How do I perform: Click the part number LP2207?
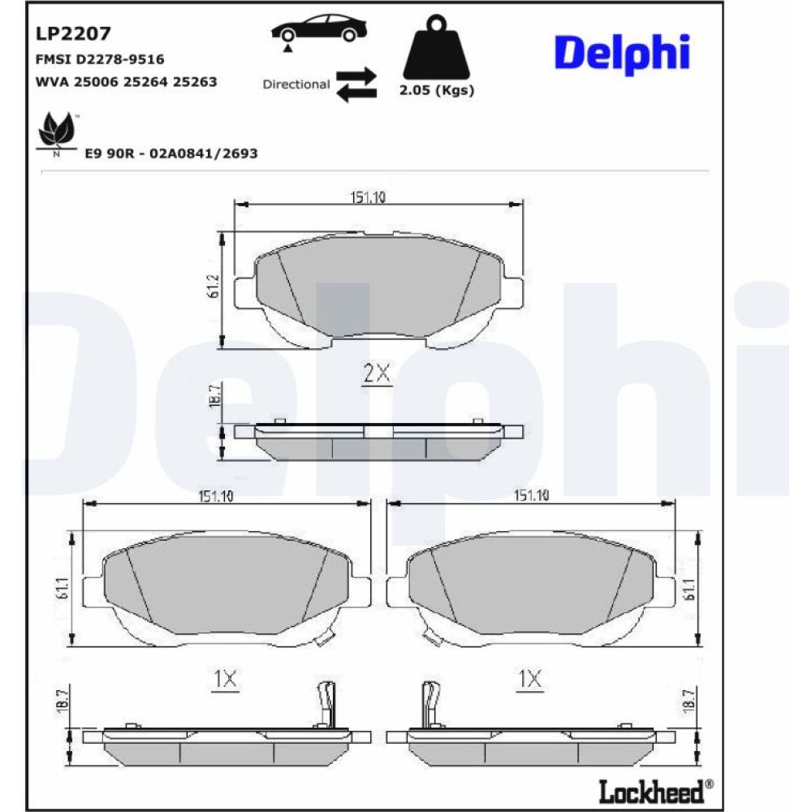[x=73, y=33]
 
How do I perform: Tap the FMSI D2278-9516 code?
[x=100, y=59]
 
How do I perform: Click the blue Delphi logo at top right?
[x=623, y=53]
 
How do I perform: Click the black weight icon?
[x=437, y=46]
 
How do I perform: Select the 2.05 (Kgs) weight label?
[x=437, y=90]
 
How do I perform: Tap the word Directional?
[x=296, y=84]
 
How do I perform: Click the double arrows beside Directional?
[x=356, y=84]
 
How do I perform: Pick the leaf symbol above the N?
[x=57, y=129]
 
